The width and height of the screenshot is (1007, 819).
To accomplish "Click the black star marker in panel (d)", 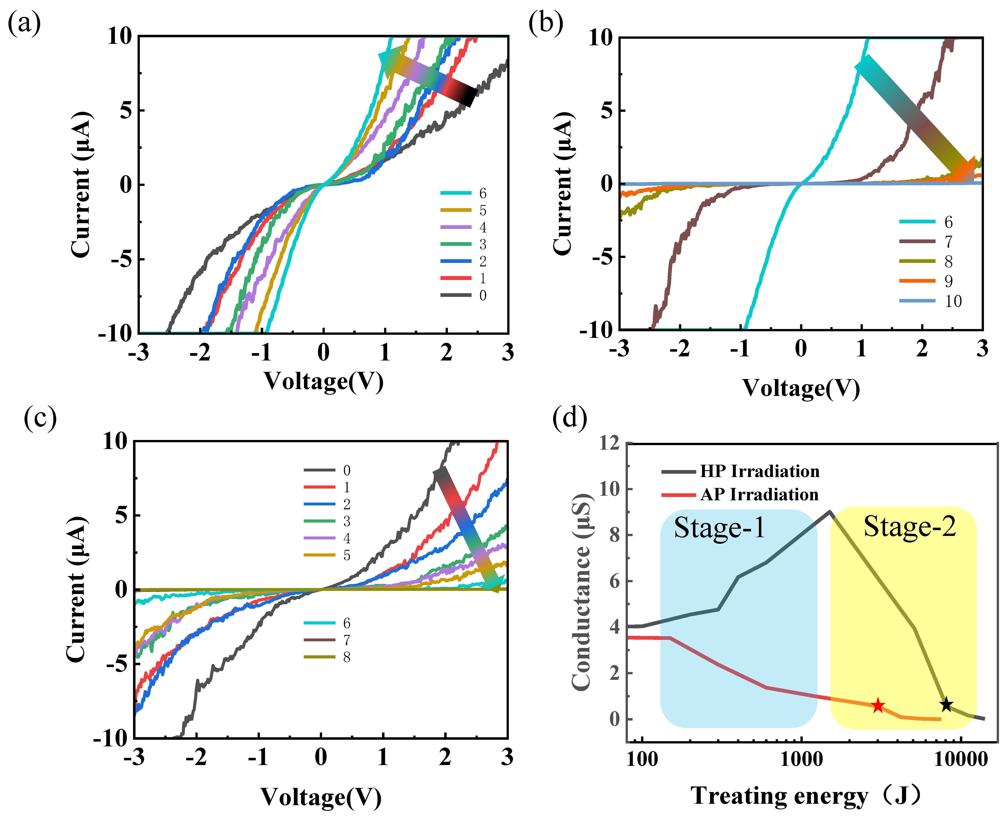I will (946, 705).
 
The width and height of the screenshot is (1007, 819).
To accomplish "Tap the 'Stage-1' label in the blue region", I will (719, 528).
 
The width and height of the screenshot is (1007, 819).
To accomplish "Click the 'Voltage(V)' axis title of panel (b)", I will (801, 389).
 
